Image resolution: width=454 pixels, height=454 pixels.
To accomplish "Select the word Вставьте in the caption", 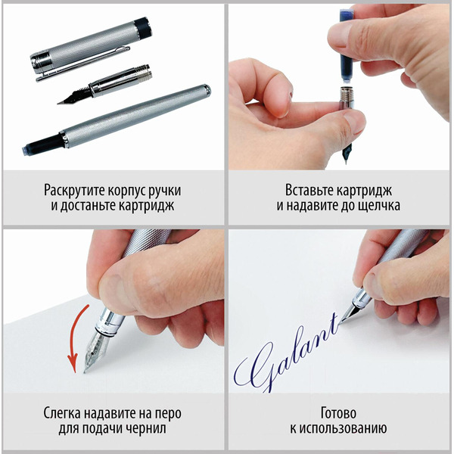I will pos(309,189).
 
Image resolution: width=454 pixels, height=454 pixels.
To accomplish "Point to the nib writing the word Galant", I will pos(350,314).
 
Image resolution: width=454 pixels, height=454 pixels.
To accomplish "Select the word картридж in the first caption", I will pos(148,205).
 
